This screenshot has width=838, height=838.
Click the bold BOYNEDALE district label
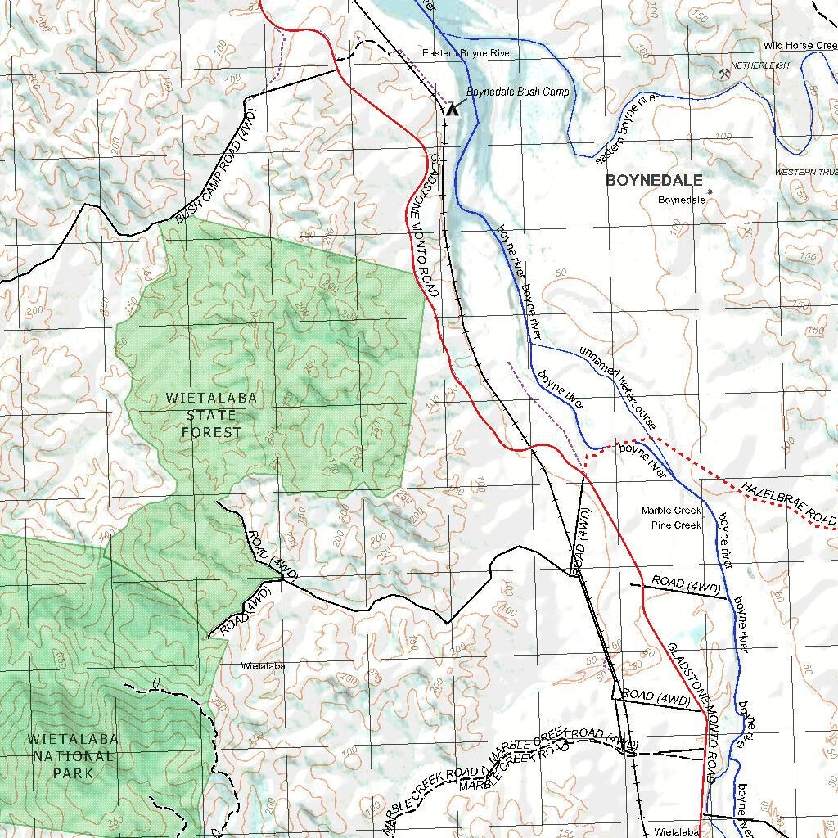pos(654,181)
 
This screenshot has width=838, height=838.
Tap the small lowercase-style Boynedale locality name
pos(682,200)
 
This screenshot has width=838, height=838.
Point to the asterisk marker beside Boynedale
pos(710,193)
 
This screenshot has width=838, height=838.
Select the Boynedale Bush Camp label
pos(517,92)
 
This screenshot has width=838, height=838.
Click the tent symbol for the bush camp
pos(453,107)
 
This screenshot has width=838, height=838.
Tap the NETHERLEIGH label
pos(759,65)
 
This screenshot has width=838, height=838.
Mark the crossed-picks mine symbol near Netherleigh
pos(724,74)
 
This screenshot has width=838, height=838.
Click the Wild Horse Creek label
pos(800,46)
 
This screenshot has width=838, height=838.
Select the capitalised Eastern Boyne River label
pos(467,53)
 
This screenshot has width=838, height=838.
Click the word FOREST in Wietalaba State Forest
pos(212,432)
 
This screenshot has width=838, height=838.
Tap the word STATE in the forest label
pos(212,415)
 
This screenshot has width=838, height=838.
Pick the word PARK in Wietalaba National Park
pos(73,773)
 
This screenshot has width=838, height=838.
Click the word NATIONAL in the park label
pos(73,755)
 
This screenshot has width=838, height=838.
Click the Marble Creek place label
pos(671,511)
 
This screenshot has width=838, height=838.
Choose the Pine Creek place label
pos(676,525)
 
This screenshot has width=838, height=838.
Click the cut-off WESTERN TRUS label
pos(806,172)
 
